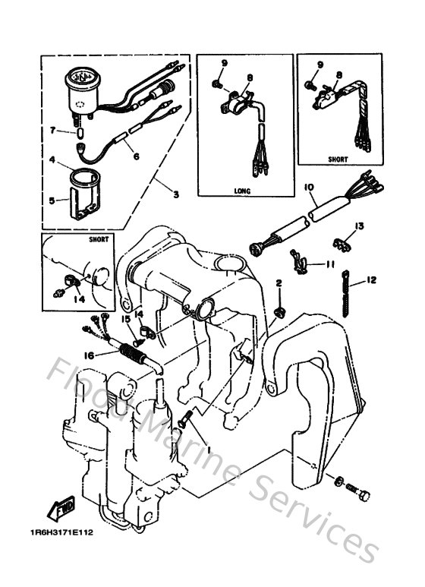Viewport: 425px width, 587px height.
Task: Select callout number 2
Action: tap(279, 283)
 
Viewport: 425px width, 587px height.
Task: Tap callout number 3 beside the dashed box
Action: tap(176, 195)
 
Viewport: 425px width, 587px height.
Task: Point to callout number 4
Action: tap(52, 160)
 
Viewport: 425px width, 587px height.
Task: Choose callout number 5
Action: tap(52, 200)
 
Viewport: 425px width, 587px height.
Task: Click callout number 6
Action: tap(136, 156)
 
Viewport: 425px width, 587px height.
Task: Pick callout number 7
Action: tap(52, 131)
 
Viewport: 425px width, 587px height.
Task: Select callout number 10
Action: tap(310, 187)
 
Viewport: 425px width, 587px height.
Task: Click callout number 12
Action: tap(371, 280)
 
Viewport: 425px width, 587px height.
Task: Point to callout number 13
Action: tap(360, 226)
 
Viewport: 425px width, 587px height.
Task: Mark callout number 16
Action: tap(89, 355)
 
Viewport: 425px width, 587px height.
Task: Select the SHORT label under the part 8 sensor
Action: tap(338, 160)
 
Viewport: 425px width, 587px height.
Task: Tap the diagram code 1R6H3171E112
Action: tap(63, 533)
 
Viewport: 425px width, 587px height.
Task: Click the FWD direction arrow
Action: tap(58, 507)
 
